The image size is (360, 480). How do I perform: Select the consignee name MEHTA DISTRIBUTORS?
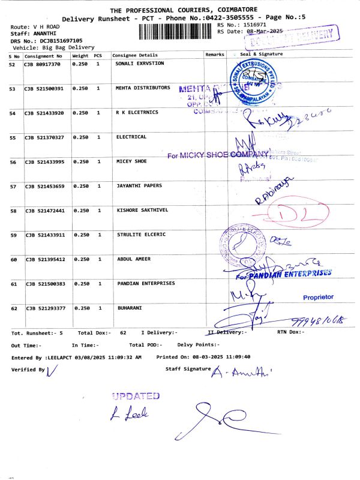point(143,88)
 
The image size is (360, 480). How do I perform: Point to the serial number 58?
point(13,211)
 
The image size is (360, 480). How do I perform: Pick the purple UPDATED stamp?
point(136,396)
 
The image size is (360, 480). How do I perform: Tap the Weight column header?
point(80,55)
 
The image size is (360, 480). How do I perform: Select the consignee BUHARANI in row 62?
point(129,308)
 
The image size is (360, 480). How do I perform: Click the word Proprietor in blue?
point(319,297)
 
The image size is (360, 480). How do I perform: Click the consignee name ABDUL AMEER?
point(133,259)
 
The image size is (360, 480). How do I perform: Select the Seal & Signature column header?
point(261,55)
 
